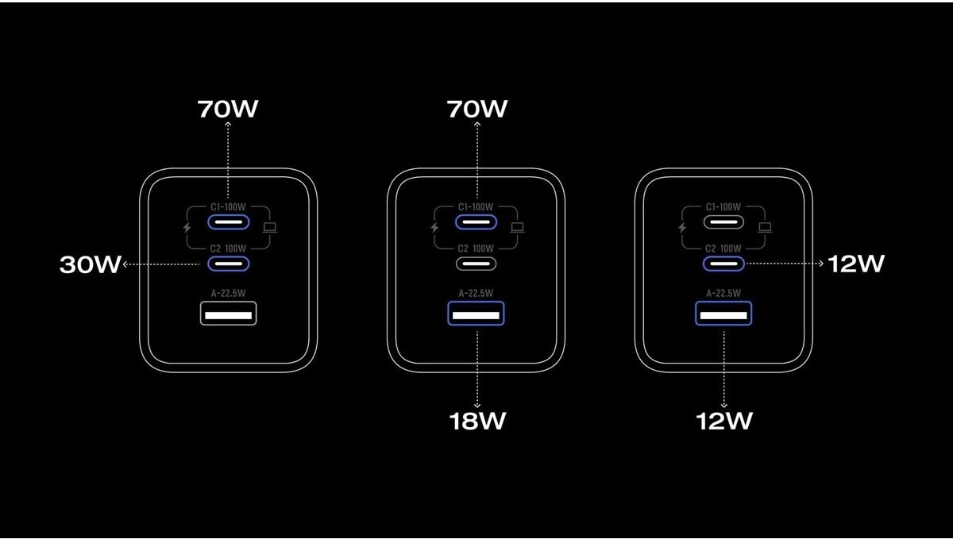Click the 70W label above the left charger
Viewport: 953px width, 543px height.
tap(228, 109)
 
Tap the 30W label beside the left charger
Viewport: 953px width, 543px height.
tap(90, 264)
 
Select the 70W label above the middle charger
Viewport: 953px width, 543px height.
tap(476, 109)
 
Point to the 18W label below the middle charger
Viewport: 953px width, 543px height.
tap(476, 421)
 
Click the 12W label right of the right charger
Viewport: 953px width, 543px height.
tap(855, 264)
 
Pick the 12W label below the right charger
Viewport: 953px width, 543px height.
tap(723, 421)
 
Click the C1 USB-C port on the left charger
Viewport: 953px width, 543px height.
tap(229, 221)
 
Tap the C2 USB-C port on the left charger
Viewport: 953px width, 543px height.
tap(229, 264)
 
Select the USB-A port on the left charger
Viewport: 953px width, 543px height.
tap(229, 314)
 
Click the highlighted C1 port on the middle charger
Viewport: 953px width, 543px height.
tap(476, 221)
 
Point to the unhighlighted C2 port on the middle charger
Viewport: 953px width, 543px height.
tap(476, 264)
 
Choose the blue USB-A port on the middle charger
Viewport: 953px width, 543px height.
tap(476, 314)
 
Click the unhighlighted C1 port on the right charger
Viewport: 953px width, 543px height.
tap(723, 221)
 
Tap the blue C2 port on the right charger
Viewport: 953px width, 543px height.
tap(723, 264)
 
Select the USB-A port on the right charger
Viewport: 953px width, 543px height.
tap(723, 314)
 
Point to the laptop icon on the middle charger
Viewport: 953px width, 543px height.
tap(518, 228)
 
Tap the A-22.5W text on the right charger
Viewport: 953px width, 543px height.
tap(723, 292)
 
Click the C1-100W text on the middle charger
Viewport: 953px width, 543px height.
tap(476, 207)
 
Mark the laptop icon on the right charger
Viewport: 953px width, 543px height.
tap(765, 228)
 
